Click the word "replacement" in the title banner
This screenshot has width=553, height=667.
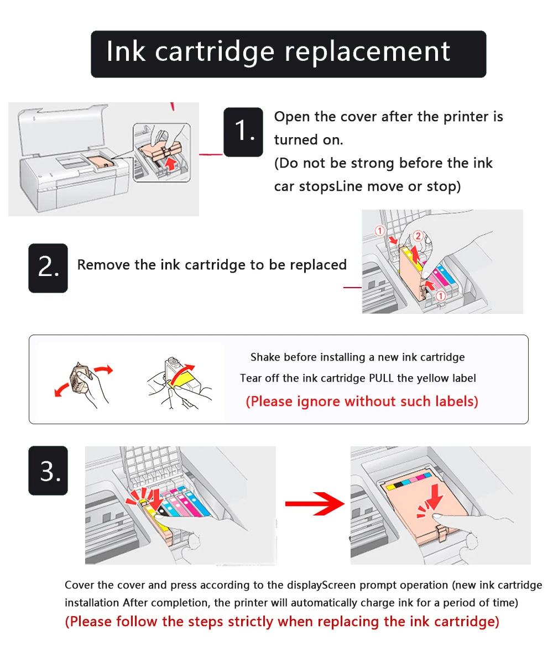coord(367,53)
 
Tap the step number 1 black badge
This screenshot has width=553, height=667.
coord(243,132)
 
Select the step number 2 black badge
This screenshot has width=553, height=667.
coord(48,268)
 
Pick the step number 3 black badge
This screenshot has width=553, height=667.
coord(48,471)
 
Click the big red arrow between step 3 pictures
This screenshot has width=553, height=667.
coord(315,504)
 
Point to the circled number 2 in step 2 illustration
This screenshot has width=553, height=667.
coord(418,236)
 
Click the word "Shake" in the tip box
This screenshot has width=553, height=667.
coord(265,357)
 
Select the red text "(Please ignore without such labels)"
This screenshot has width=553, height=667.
coord(362,402)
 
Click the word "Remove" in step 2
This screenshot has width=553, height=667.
coord(100,265)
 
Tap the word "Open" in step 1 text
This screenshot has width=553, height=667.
coord(292,117)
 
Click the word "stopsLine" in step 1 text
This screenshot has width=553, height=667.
coord(325,186)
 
